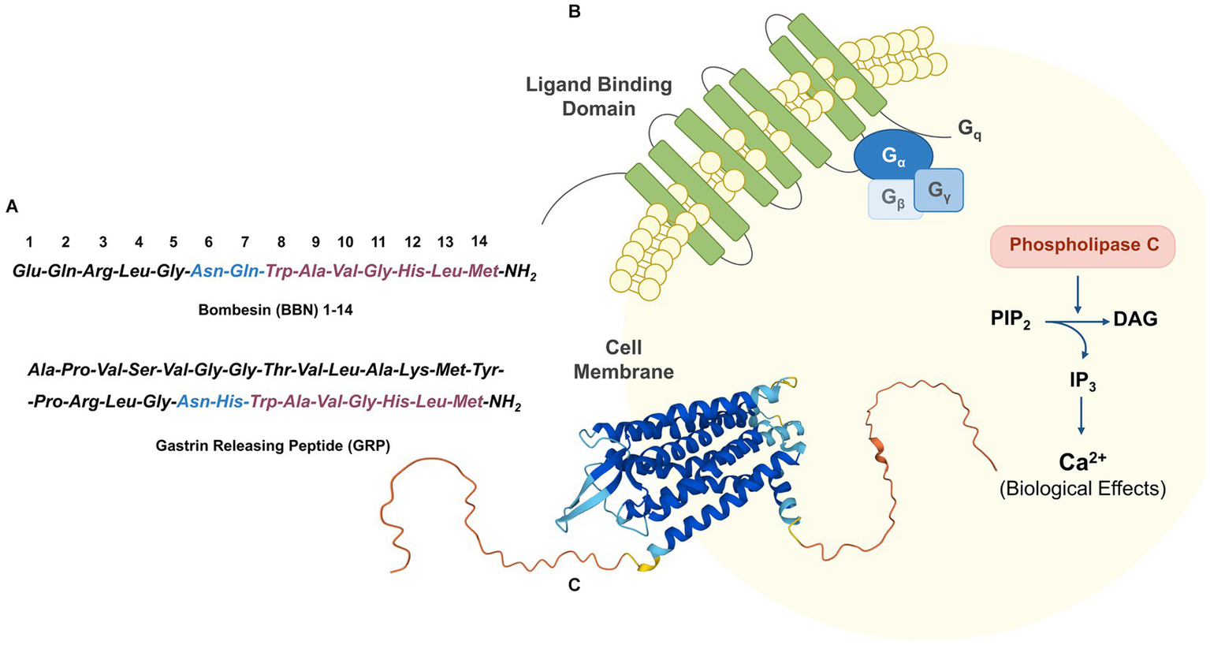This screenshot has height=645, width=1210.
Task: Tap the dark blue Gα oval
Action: coord(893,155)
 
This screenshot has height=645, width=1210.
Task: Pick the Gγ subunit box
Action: coord(940,190)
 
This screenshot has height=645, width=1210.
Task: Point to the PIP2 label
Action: coord(1011,320)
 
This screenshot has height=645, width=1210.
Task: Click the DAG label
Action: coord(1135,319)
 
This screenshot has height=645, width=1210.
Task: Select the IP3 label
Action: coord(1082,382)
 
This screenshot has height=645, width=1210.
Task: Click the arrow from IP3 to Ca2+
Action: coord(1082,416)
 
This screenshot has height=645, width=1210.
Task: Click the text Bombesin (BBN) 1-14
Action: coord(275,310)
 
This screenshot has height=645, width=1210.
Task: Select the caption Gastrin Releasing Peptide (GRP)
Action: coord(273,446)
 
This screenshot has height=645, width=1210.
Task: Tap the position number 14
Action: coord(478,241)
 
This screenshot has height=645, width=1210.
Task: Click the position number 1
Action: coord(29,241)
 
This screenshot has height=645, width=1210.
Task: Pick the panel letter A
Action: coord(12,207)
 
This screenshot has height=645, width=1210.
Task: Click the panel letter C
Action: coord(574,586)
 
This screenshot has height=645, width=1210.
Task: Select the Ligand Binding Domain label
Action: coord(598,96)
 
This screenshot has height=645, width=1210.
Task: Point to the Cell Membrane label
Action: coord(624,360)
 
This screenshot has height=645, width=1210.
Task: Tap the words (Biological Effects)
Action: coord(1082,489)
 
